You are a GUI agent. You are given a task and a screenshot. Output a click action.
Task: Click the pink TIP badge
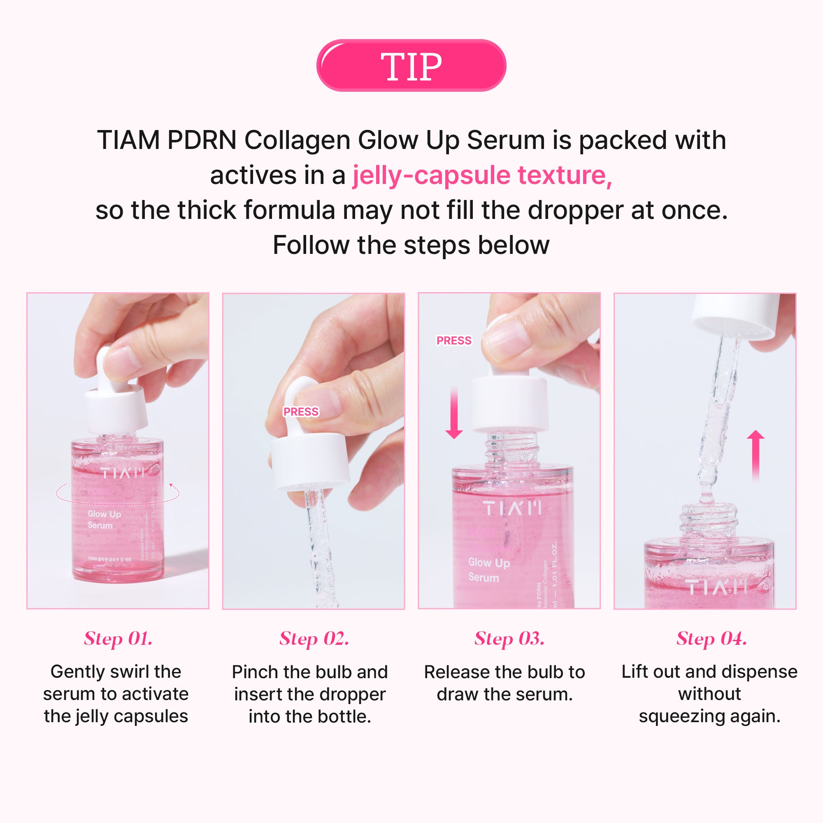pyautogui.click(x=411, y=65)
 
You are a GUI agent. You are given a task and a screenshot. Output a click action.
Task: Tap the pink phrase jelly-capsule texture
pyautogui.click(x=482, y=175)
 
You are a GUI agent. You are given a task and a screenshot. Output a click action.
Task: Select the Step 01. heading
pyautogui.click(x=118, y=639)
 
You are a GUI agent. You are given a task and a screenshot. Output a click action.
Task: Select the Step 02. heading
pyautogui.click(x=314, y=639)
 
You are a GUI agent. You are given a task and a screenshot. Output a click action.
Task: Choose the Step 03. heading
pyautogui.click(x=509, y=639)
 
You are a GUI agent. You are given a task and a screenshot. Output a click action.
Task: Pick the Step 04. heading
pyautogui.click(x=711, y=639)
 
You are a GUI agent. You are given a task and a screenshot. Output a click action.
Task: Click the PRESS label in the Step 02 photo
pyautogui.click(x=301, y=411)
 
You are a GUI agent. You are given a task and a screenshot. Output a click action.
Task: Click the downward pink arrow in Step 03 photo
pyautogui.click(x=454, y=413)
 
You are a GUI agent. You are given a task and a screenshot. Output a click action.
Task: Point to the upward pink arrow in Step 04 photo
pyautogui.click(x=756, y=456)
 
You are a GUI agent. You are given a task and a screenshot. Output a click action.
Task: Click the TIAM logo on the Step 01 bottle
pyautogui.click(x=123, y=473)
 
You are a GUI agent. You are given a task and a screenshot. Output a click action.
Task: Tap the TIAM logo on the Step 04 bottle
pyautogui.click(x=718, y=588)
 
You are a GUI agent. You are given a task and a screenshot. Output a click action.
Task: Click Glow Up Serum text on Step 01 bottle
pyautogui.click(x=104, y=519)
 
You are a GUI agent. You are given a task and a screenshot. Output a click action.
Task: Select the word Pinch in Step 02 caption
pyautogui.click(x=255, y=672)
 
